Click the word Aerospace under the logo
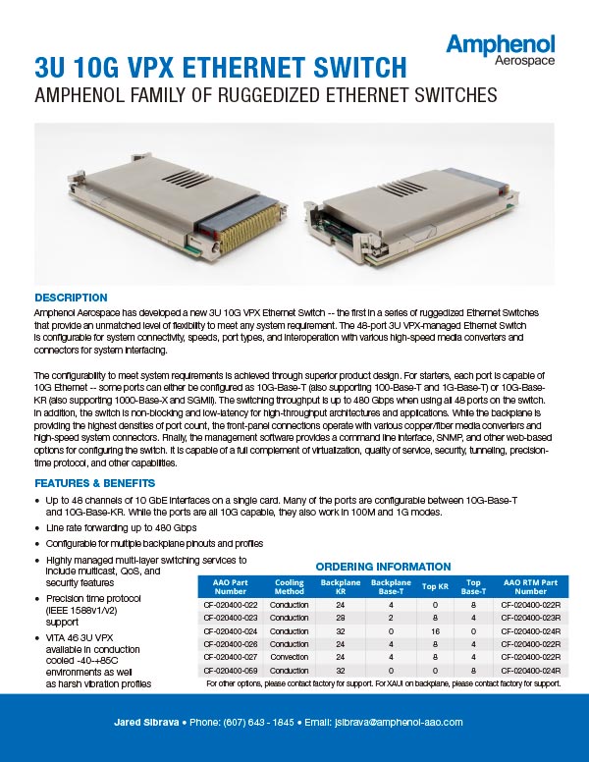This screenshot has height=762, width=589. [x=525, y=62]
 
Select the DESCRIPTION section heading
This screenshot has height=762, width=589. [x=71, y=298]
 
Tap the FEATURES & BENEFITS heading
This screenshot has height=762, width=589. [x=94, y=483]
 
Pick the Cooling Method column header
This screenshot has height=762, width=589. [x=291, y=586]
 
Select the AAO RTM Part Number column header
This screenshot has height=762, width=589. [x=531, y=586]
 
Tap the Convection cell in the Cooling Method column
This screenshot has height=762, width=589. [x=291, y=657]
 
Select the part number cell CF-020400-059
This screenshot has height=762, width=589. [x=231, y=670]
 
